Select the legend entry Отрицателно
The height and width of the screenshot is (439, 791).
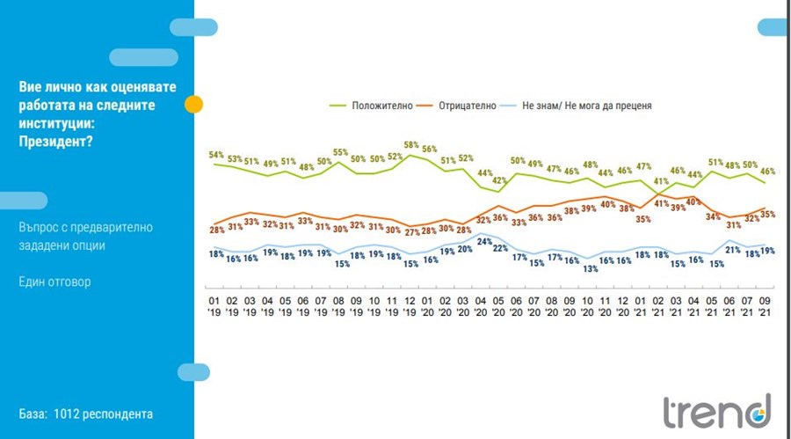472,106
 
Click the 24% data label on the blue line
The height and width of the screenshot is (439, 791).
483,240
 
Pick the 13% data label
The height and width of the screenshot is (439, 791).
591,269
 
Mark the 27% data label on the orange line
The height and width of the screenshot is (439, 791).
410,232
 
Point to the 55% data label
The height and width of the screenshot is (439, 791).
339,151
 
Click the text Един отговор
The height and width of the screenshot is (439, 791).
57,282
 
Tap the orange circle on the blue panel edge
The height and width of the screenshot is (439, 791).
194,105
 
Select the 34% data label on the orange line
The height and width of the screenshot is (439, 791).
714,216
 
